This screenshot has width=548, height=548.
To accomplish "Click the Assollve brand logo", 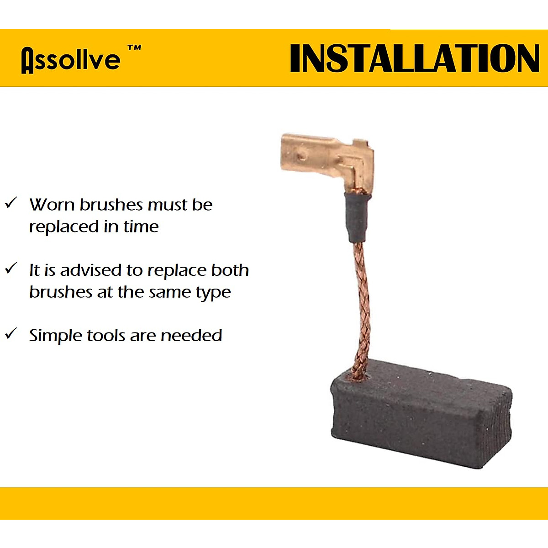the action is pos(71,60).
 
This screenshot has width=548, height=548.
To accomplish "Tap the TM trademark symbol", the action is pos(134,48).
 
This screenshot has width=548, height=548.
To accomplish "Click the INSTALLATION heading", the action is pos(414,58).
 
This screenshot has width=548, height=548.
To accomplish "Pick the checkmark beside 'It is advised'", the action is pos(11,268).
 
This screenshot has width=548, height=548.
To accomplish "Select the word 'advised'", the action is pos(91,270).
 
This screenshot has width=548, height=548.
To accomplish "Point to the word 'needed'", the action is pos(191,335).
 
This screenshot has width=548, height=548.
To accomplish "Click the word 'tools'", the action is pos(105,336).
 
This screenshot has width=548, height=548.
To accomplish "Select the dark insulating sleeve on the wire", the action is pos(357,217).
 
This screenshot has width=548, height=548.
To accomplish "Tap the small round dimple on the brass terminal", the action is pos(303,156).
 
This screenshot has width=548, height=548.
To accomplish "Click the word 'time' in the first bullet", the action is pos(141,227).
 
